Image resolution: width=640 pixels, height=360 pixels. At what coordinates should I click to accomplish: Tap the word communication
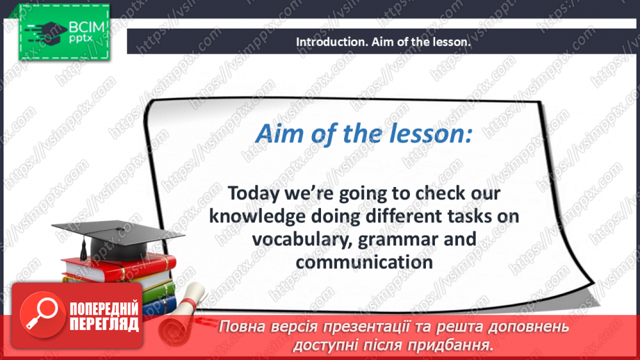(363, 262)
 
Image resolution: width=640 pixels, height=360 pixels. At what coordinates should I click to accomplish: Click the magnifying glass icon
(39, 312)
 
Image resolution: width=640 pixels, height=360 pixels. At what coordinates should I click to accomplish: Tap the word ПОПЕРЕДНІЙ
(104, 309)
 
